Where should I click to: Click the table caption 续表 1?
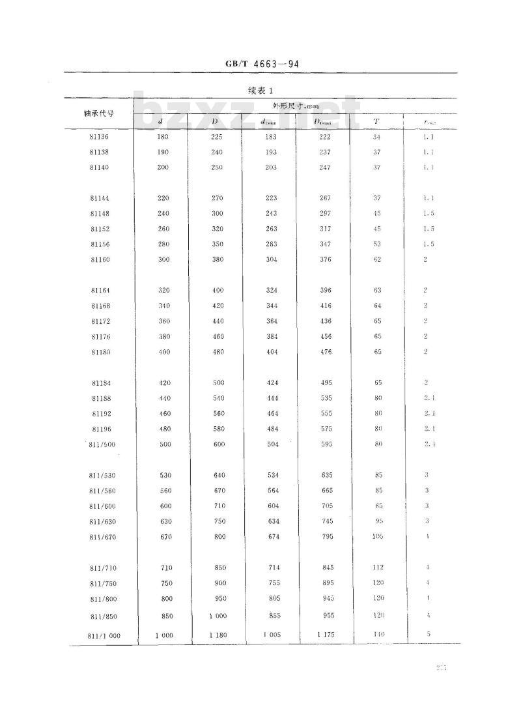click(x=261, y=90)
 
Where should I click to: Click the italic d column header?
click(x=161, y=121)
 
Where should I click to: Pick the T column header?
click(x=377, y=121)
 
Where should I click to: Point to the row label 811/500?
click(x=102, y=444)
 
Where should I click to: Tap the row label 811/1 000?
click(x=103, y=635)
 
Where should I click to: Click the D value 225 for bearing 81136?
click(x=216, y=137)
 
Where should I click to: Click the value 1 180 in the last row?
click(x=217, y=635)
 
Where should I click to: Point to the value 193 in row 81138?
click(x=270, y=152)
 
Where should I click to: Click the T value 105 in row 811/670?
click(x=378, y=536)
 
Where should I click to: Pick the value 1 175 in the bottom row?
click(x=325, y=635)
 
